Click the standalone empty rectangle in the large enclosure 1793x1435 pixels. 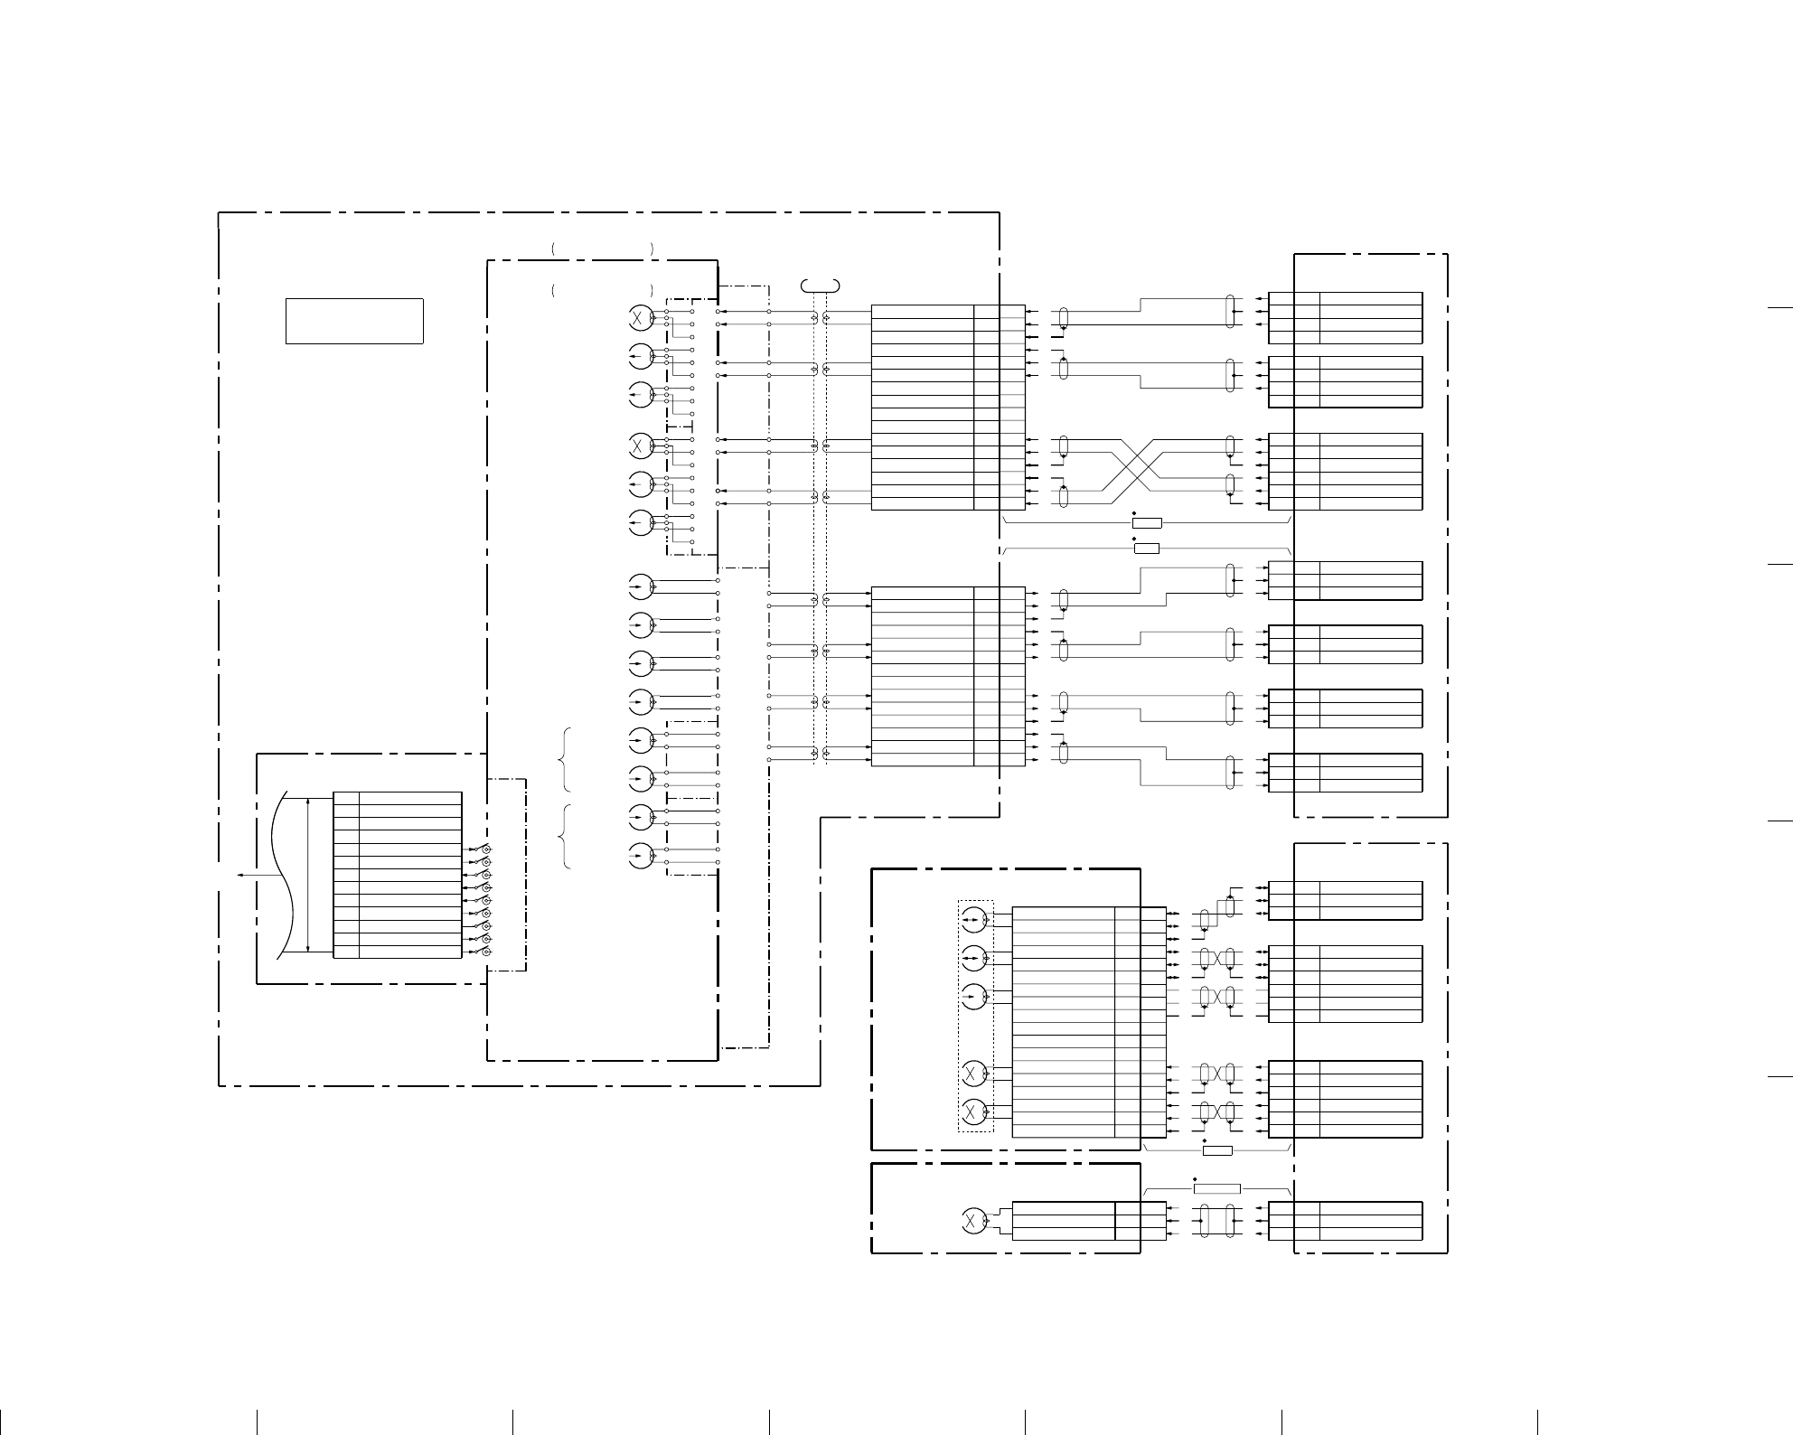354,321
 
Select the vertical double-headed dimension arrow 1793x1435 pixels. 308,874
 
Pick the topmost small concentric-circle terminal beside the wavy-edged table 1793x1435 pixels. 487,850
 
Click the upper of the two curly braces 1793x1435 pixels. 565,759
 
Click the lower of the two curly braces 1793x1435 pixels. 565,836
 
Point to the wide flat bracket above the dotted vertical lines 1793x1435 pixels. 821,286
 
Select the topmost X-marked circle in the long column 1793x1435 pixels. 640,317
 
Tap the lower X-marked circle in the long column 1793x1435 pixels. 640,446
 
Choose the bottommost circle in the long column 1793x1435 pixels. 640,855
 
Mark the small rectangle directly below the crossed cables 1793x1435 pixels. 1147,522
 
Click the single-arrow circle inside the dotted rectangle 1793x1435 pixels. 973,997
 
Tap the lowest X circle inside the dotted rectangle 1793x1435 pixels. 973,1110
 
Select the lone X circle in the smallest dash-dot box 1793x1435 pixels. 973,1221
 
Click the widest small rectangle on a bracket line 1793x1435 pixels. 1216,1188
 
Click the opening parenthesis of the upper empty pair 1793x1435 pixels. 551,247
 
